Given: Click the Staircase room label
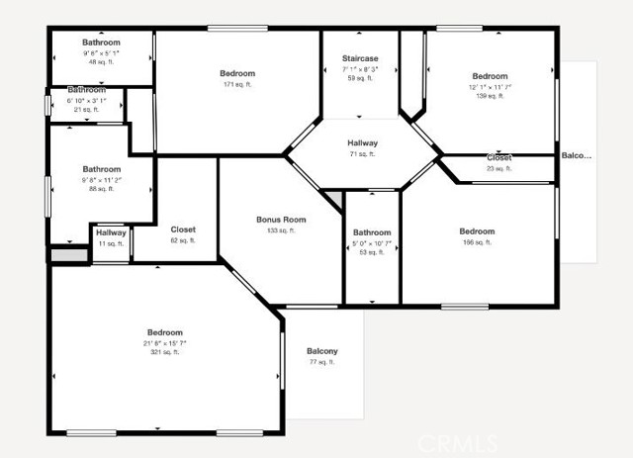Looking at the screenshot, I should point(359,58).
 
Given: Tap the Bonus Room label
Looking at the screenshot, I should point(281,220).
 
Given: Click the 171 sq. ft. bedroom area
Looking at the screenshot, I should point(237,84).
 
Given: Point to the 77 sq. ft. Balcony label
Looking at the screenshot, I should point(321,351).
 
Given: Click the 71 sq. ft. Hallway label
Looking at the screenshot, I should point(362,143).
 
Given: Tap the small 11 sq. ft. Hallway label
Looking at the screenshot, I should point(111,232).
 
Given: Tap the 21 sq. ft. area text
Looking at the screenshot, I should point(86,110).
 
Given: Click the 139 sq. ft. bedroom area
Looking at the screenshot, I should point(490,96).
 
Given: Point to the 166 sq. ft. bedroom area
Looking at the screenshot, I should point(477,242).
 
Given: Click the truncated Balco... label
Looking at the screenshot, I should point(576,155).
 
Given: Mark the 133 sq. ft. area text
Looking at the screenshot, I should point(281,230).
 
